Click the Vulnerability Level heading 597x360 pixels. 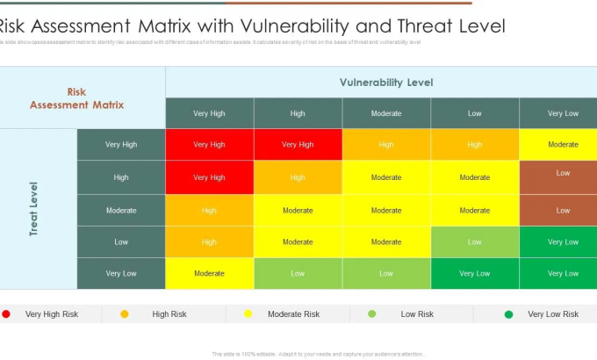[x=386, y=83]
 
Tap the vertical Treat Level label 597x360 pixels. [x=33, y=209]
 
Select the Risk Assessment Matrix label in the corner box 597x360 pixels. [x=77, y=98]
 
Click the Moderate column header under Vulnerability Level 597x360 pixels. [x=386, y=113]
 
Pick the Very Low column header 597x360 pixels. [x=563, y=113]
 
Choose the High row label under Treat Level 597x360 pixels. [x=121, y=177]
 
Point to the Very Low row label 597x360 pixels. [x=121, y=273]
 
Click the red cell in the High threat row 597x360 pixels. [x=209, y=177]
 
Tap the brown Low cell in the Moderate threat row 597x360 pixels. [x=563, y=210]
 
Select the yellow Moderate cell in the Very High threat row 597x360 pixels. [x=563, y=145]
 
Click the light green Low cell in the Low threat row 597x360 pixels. [x=474, y=241]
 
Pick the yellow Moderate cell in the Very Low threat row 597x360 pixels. [x=209, y=273]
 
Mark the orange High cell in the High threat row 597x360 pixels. [x=298, y=177]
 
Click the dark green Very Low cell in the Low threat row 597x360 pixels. [x=563, y=241]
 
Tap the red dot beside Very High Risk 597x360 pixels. [x=7, y=313]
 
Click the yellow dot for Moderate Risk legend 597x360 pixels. [x=248, y=313]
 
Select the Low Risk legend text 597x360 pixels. [x=417, y=313]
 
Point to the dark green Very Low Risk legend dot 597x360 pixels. [x=508, y=313]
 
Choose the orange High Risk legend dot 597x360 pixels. [x=125, y=313]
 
